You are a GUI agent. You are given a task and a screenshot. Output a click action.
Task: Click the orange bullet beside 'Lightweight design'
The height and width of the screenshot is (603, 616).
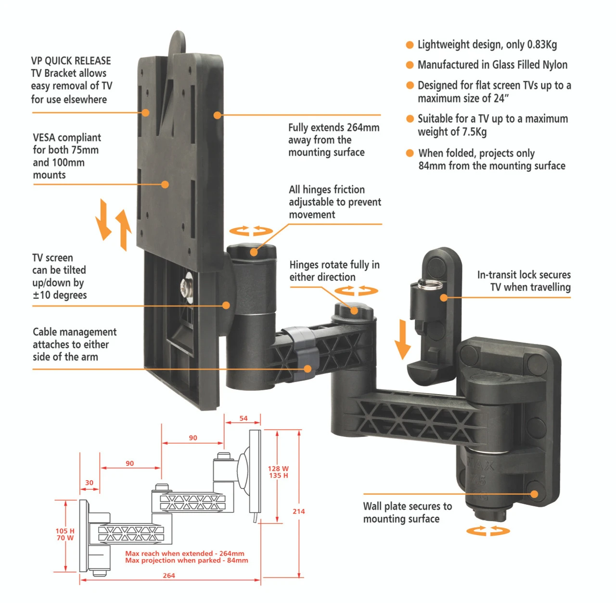point(410,45)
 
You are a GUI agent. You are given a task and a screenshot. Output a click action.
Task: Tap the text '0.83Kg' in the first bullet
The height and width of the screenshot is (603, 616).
point(542,45)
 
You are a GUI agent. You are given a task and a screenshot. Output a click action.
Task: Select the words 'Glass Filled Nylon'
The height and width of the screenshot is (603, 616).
point(529,65)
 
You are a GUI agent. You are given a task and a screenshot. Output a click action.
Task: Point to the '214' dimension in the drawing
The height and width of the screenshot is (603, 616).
point(298,511)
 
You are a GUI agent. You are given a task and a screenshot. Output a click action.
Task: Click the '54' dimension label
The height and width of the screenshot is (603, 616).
point(244,418)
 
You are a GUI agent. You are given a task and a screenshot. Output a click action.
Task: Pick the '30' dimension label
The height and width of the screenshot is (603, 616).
point(90,482)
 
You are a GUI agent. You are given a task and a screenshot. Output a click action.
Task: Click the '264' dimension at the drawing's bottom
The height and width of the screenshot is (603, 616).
point(169,576)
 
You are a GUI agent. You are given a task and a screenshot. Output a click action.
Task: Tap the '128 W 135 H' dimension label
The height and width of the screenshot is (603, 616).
point(278,472)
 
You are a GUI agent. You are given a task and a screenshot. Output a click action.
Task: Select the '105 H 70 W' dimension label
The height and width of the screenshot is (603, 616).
point(65,534)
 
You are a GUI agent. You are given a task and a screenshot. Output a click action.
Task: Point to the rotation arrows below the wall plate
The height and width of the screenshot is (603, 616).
point(488,531)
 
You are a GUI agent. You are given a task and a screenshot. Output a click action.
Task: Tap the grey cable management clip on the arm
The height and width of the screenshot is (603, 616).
point(300,349)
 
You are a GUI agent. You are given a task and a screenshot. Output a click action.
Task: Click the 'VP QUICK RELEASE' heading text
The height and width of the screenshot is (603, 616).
point(71,61)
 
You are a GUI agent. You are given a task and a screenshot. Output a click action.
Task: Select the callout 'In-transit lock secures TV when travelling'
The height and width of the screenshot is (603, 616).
point(524,281)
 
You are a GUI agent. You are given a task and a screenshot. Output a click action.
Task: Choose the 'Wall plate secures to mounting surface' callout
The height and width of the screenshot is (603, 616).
point(407,512)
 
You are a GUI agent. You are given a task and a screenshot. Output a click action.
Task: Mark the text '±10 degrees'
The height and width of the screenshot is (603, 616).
point(60,295)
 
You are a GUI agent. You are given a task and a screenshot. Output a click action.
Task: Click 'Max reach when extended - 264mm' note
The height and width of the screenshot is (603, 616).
point(185,553)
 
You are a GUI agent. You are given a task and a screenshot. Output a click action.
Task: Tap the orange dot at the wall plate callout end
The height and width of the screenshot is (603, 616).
point(534,494)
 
